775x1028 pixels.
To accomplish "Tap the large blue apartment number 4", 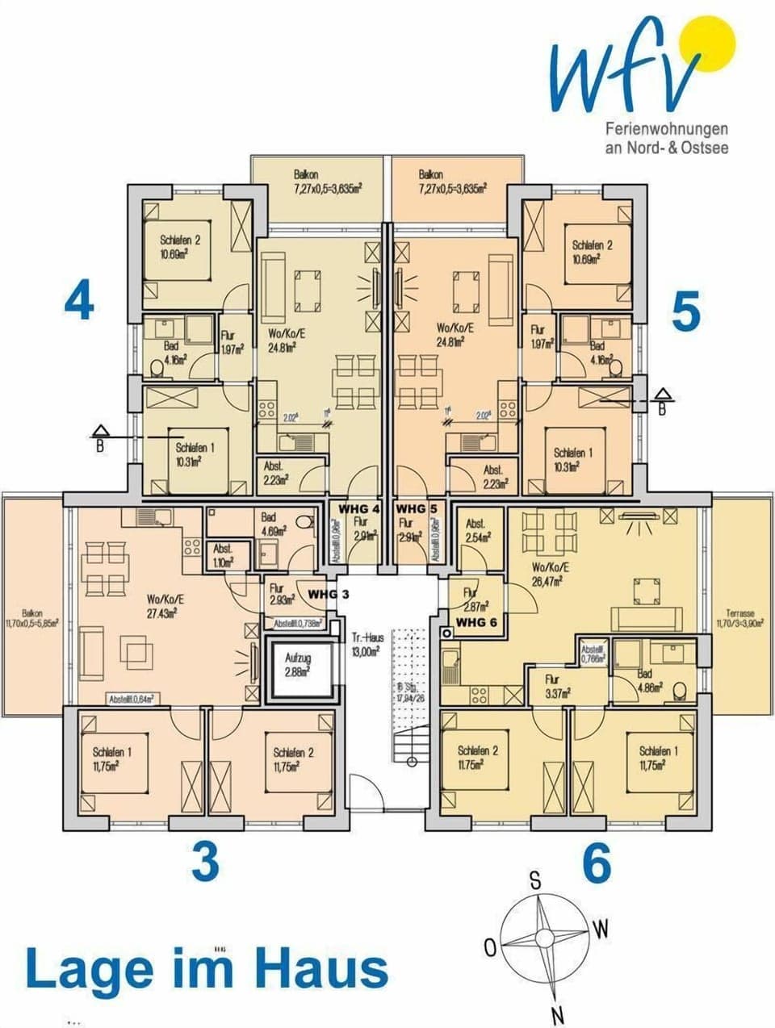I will point(79,302).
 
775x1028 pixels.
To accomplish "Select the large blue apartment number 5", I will point(686,312).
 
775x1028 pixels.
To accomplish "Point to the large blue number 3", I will point(205,862).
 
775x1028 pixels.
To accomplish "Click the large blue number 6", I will point(597,865).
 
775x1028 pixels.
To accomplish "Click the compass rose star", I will point(539,939).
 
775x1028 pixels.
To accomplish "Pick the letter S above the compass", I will point(534,880).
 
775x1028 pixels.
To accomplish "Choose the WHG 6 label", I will point(477,622).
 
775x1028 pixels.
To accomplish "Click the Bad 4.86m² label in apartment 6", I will point(647,683).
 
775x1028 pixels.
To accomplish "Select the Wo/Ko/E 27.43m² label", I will point(165,605).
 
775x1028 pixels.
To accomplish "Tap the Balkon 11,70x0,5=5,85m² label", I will point(32,618).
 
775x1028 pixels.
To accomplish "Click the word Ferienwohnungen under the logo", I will point(667,129).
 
